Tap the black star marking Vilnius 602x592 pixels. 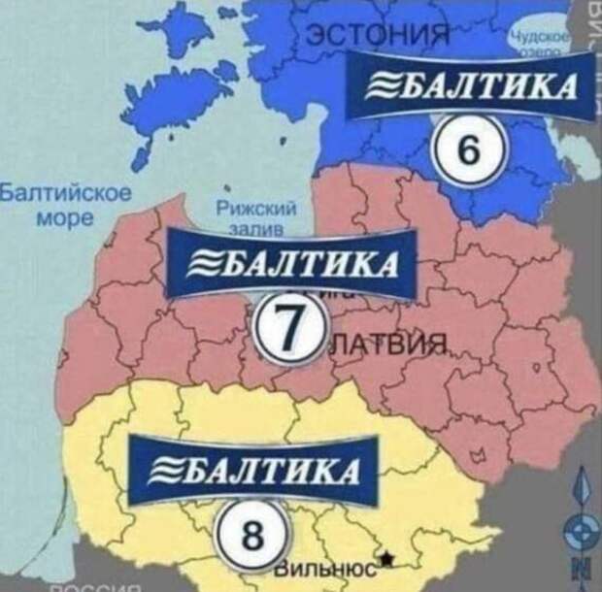388,557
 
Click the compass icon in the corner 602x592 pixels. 582,529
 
